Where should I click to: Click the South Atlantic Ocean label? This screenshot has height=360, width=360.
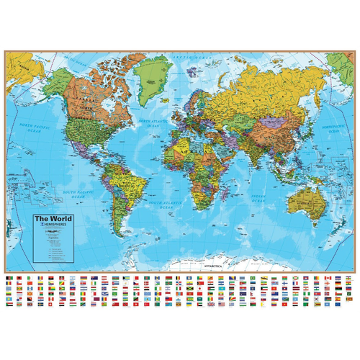point(164,205)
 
